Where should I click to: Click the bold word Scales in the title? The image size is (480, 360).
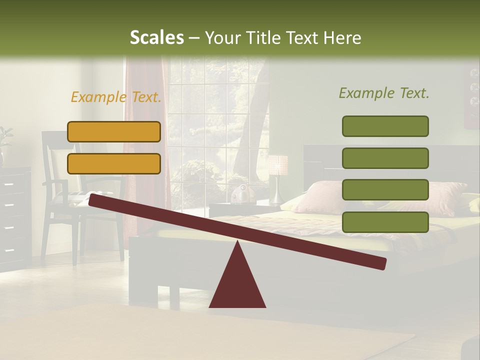click(x=156, y=37)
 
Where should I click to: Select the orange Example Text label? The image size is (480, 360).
click(x=116, y=97)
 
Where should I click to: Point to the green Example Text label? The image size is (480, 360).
click(x=384, y=93)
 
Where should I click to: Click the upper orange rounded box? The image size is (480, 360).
click(x=114, y=131)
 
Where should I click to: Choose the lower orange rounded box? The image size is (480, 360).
click(x=114, y=163)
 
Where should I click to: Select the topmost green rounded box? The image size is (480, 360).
click(x=385, y=126)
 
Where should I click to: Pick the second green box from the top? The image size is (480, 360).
click(x=385, y=158)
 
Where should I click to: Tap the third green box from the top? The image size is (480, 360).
click(x=385, y=190)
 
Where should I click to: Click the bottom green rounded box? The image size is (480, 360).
click(x=385, y=222)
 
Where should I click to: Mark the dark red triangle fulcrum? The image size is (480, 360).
click(x=237, y=282)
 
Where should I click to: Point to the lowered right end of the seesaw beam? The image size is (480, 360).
click(x=380, y=263)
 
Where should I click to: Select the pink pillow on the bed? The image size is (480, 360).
click(x=325, y=195)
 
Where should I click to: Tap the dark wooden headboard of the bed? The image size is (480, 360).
click(x=320, y=157)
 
